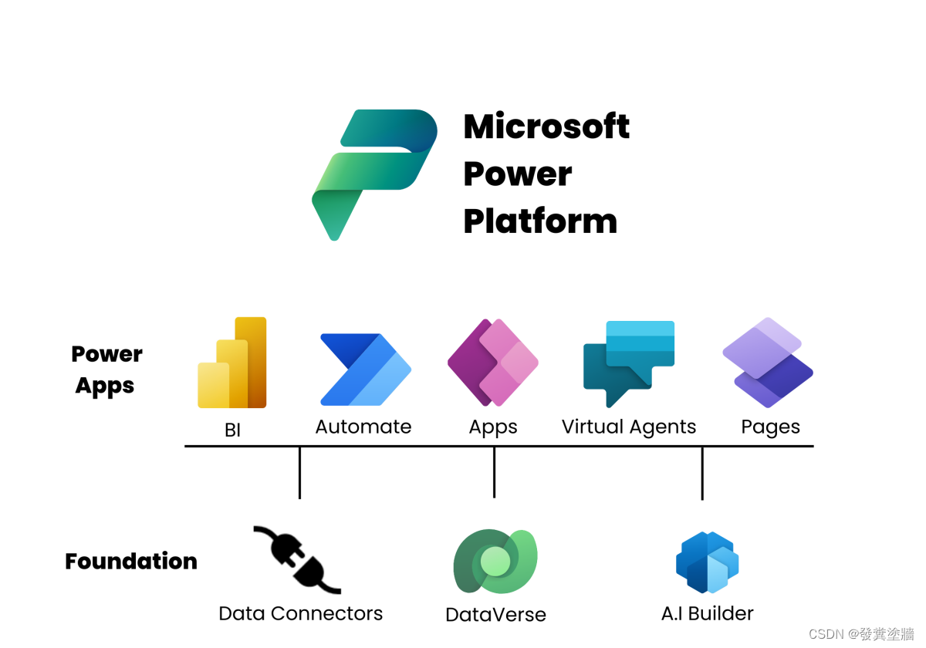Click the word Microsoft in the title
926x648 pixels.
coord(546,127)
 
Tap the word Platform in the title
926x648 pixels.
coord(540,221)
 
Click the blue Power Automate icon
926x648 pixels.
coord(365,370)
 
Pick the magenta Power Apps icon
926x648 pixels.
coord(493,363)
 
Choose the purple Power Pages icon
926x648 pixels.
coord(768,363)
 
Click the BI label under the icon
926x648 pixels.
coord(232,430)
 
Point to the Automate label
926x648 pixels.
coord(363,427)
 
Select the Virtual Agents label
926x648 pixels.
coord(628,427)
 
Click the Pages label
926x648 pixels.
coord(770,427)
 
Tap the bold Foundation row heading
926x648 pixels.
coord(131,561)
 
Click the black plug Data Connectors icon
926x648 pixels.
coord(297,560)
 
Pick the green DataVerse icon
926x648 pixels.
coord(495,562)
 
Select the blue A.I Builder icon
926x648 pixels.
coord(707,562)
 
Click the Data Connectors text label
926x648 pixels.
coord(300,613)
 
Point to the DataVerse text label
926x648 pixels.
coord(495,615)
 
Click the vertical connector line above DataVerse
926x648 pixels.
coord(494,472)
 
